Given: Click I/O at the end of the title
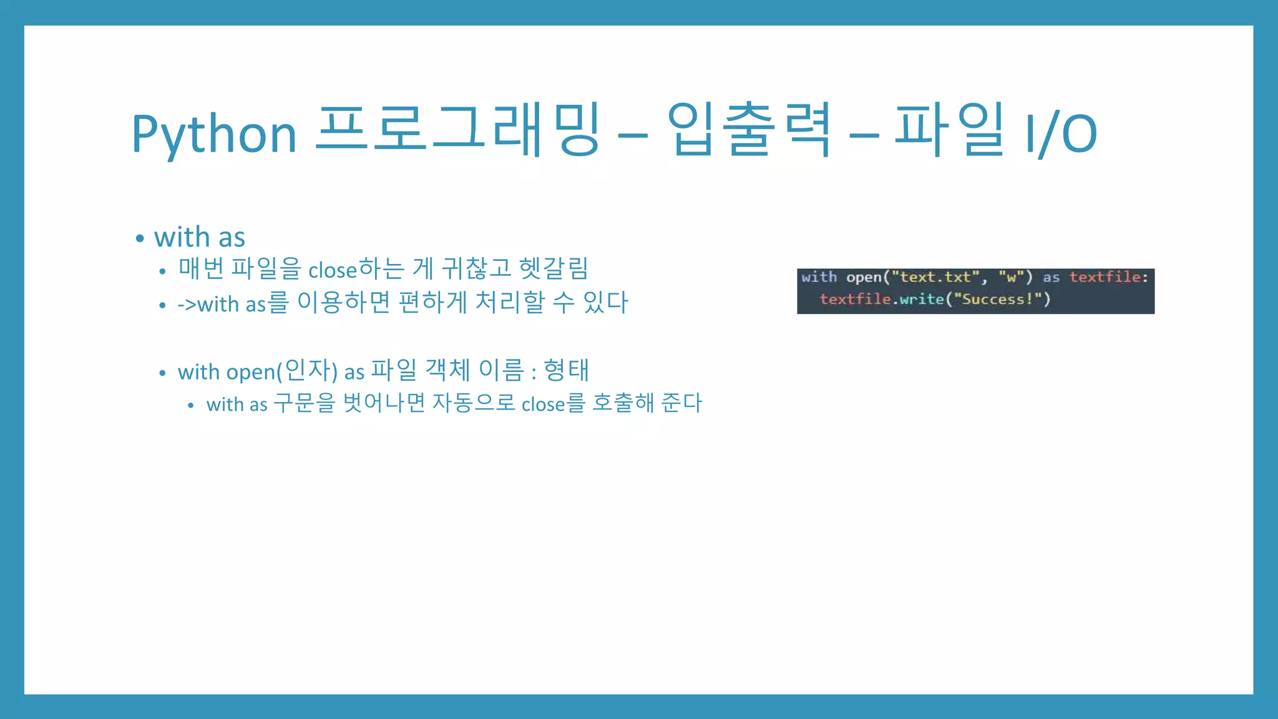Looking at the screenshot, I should [1061, 133].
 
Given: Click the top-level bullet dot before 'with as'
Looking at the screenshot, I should [140, 238].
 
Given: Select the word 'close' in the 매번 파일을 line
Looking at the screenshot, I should [333, 270].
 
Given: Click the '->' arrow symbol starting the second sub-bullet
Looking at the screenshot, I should [187, 305].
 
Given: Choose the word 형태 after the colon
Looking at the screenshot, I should [566, 370].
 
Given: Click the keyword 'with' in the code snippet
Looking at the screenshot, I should [819, 277].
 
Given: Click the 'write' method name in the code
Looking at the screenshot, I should [922, 300].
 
